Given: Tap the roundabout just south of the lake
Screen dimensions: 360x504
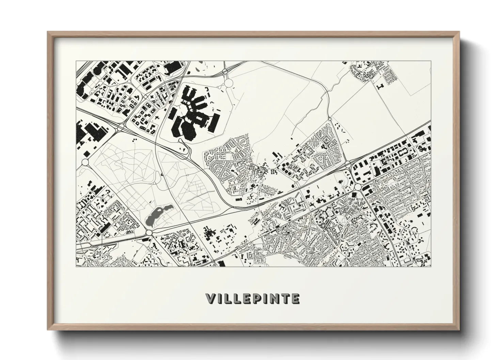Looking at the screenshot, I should pos(149,233).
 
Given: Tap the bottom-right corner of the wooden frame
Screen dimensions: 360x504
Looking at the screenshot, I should pos(459,330).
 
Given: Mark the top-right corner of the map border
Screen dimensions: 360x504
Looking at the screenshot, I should pos(430,61).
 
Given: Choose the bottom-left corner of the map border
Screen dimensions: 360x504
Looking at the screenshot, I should pos(76,266).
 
